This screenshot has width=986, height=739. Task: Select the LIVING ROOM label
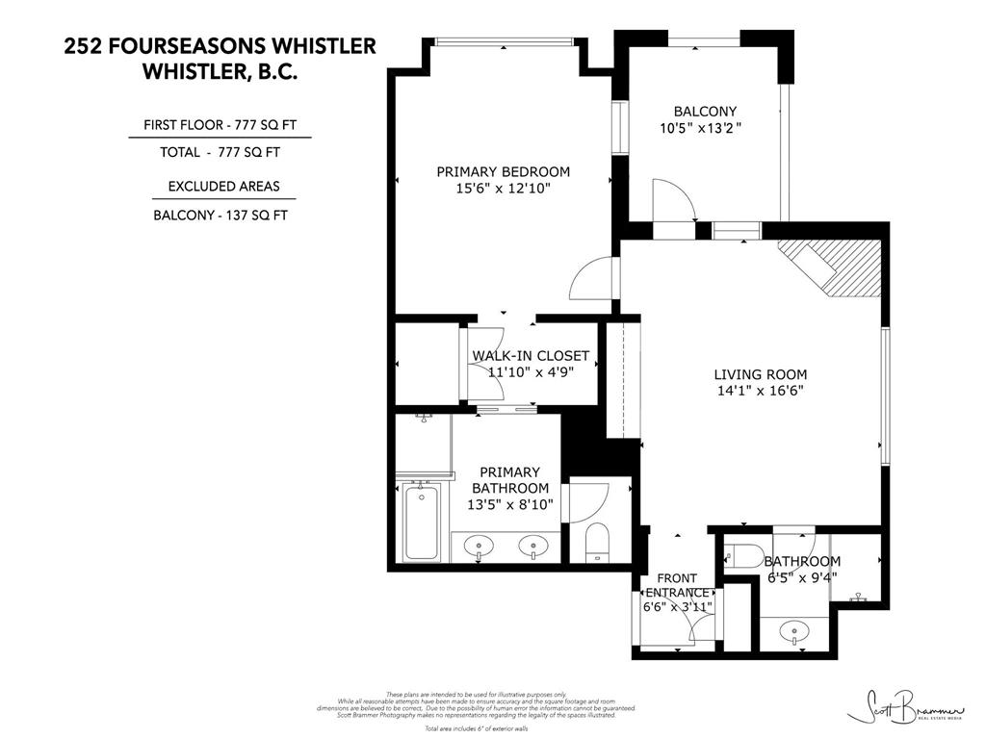pyautogui.click(x=760, y=374)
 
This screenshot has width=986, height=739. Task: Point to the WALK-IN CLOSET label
pyautogui.click(x=530, y=356)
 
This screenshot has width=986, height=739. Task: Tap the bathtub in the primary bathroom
pyautogui.click(x=420, y=522)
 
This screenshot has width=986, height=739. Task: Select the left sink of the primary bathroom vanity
pyautogui.click(x=478, y=547)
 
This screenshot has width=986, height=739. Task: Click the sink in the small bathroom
pyautogui.click(x=796, y=632)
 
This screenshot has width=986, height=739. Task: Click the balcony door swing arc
pyautogui.click(x=672, y=200)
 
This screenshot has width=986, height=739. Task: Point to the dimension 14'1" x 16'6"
pyautogui.click(x=760, y=391)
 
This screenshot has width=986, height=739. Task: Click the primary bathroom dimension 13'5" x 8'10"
pyautogui.click(x=510, y=503)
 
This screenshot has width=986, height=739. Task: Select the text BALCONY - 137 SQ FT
pyautogui.click(x=220, y=216)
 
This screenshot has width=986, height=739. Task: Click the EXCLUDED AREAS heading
pyautogui.click(x=223, y=186)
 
